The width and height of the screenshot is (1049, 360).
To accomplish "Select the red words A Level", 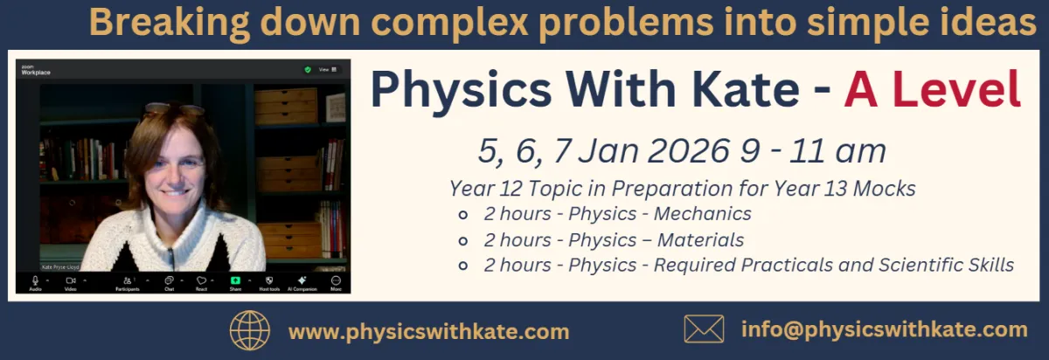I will pyautogui.click(x=932, y=89).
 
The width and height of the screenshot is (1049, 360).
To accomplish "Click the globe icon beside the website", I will pyautogui.click(x=250, y=331).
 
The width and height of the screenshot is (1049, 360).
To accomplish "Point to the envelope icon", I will pyautogui.click(x=704, y=329).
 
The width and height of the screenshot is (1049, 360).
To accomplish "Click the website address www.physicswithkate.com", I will pyautogui.click(x=428, y=332).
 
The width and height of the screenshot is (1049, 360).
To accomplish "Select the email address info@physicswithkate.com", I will pyautogui.click(x=884, y=329).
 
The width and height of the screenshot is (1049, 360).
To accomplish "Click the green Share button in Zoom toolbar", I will pyautogui.click(x=235, y=282).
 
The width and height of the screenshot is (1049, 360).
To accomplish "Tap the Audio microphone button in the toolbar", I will pyautogui.click(x=36, y=282).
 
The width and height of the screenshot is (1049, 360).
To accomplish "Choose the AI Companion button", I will pyautogui.click(x=302, y=282).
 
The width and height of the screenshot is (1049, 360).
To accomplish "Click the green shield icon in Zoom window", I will pyautogui.click(x=307, y=69).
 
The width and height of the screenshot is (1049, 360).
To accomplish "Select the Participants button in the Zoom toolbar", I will pyautogui.click(x=128, y=282).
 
